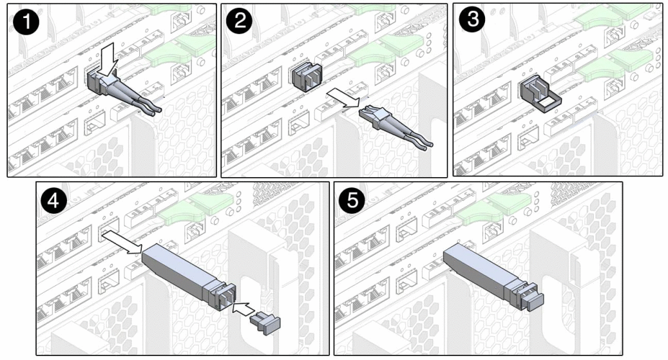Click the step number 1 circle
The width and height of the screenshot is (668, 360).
(26, 22)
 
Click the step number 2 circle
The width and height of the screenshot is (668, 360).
(240, 21)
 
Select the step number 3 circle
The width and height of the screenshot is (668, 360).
(472, 20)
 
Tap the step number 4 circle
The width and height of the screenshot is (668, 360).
(53, 200)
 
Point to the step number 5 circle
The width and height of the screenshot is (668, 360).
(353, 200)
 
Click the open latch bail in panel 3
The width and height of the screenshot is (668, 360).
(540, 97)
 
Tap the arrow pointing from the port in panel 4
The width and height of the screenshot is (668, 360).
(122, 242)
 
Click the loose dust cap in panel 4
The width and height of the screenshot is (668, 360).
(265, 323)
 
